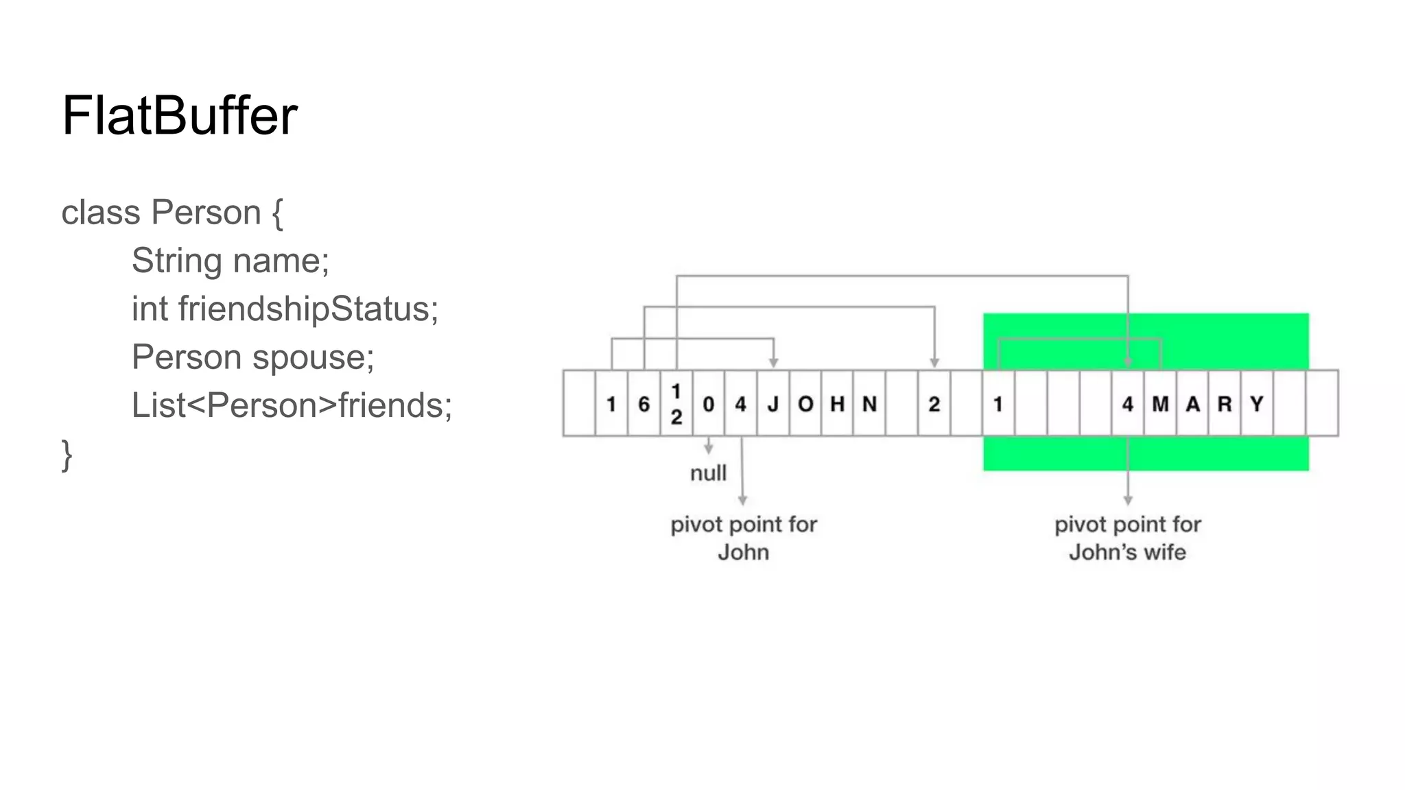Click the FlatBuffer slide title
[x=179, y=115]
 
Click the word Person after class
[x=205, y=213]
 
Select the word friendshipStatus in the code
[x=307, y=309]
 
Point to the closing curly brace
[x=67, y=454]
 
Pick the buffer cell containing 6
[x=644, y=404]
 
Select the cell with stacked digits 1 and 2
[x=676, y=404]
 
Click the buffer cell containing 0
[x=709, y=404]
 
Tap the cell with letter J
[x=773, y=404]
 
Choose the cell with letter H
[x=837, y=404]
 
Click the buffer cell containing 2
[x=934, y=404]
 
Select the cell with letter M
[x=1160, y=404]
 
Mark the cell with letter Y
[x=1257, y=404]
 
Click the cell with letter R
[x=1225, y=404]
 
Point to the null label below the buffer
[x=708, y=473]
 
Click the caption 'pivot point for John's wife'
[x=1127, y=538]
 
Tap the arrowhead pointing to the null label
[x=709, y=449]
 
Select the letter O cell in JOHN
[x=805, y=404]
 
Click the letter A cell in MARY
[x=1192, y=404]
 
